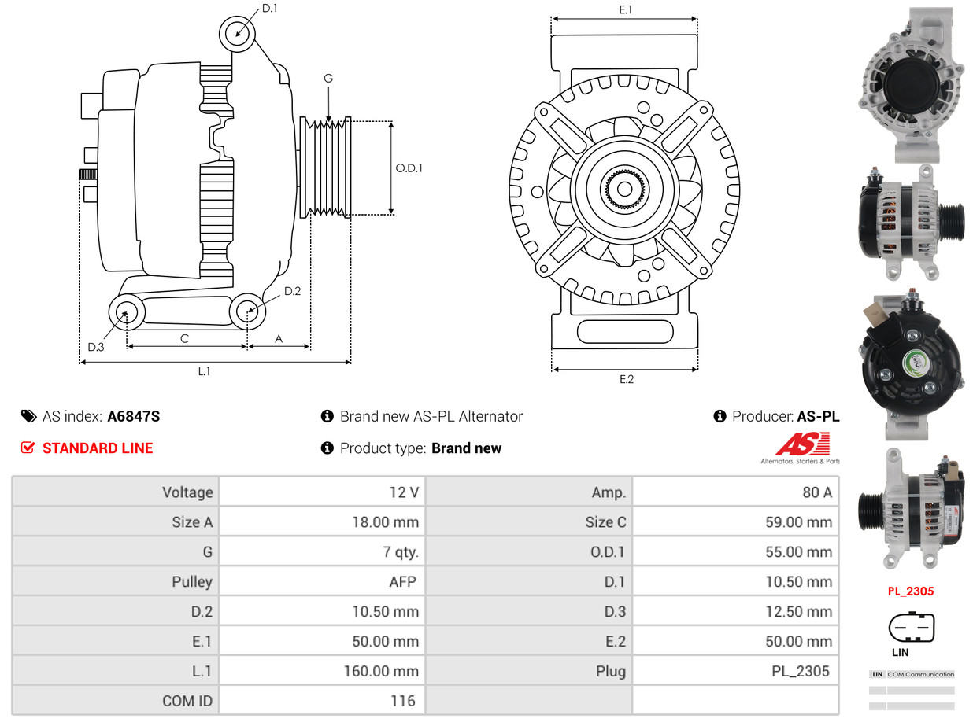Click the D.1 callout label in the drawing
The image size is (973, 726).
pyautogui.click(x=269, y=9)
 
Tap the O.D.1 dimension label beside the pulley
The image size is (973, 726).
pyautogui.click(x=409, y=168)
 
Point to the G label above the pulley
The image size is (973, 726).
pyautogui.click(x=328, y=78)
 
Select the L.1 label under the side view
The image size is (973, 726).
pyautogui.click(x=204, y=371)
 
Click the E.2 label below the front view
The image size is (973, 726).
pyautogui.click(x=626, y=379)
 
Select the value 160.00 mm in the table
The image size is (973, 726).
pyautogui.click(x=381, y=671)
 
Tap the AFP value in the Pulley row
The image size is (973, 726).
pyautogui.click(x=403, y=582)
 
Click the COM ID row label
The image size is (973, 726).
pyautogui.click(x=187, y=701)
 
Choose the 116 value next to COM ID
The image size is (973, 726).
pyautogui.click(x=402, y=701)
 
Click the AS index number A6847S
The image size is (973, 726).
pyautogui.click(x=133, y=416)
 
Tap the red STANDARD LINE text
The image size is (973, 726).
pyautogui.click(x=98, y=448)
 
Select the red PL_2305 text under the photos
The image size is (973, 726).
pyautogui.click(x=911, y=591)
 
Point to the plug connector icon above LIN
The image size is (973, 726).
pyautogui.click(x=912, y=628)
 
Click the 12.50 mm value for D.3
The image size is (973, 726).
pyautogui.click(x=798, y=612)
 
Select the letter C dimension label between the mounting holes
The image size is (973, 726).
pyautogui.click(x=184, y=338)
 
